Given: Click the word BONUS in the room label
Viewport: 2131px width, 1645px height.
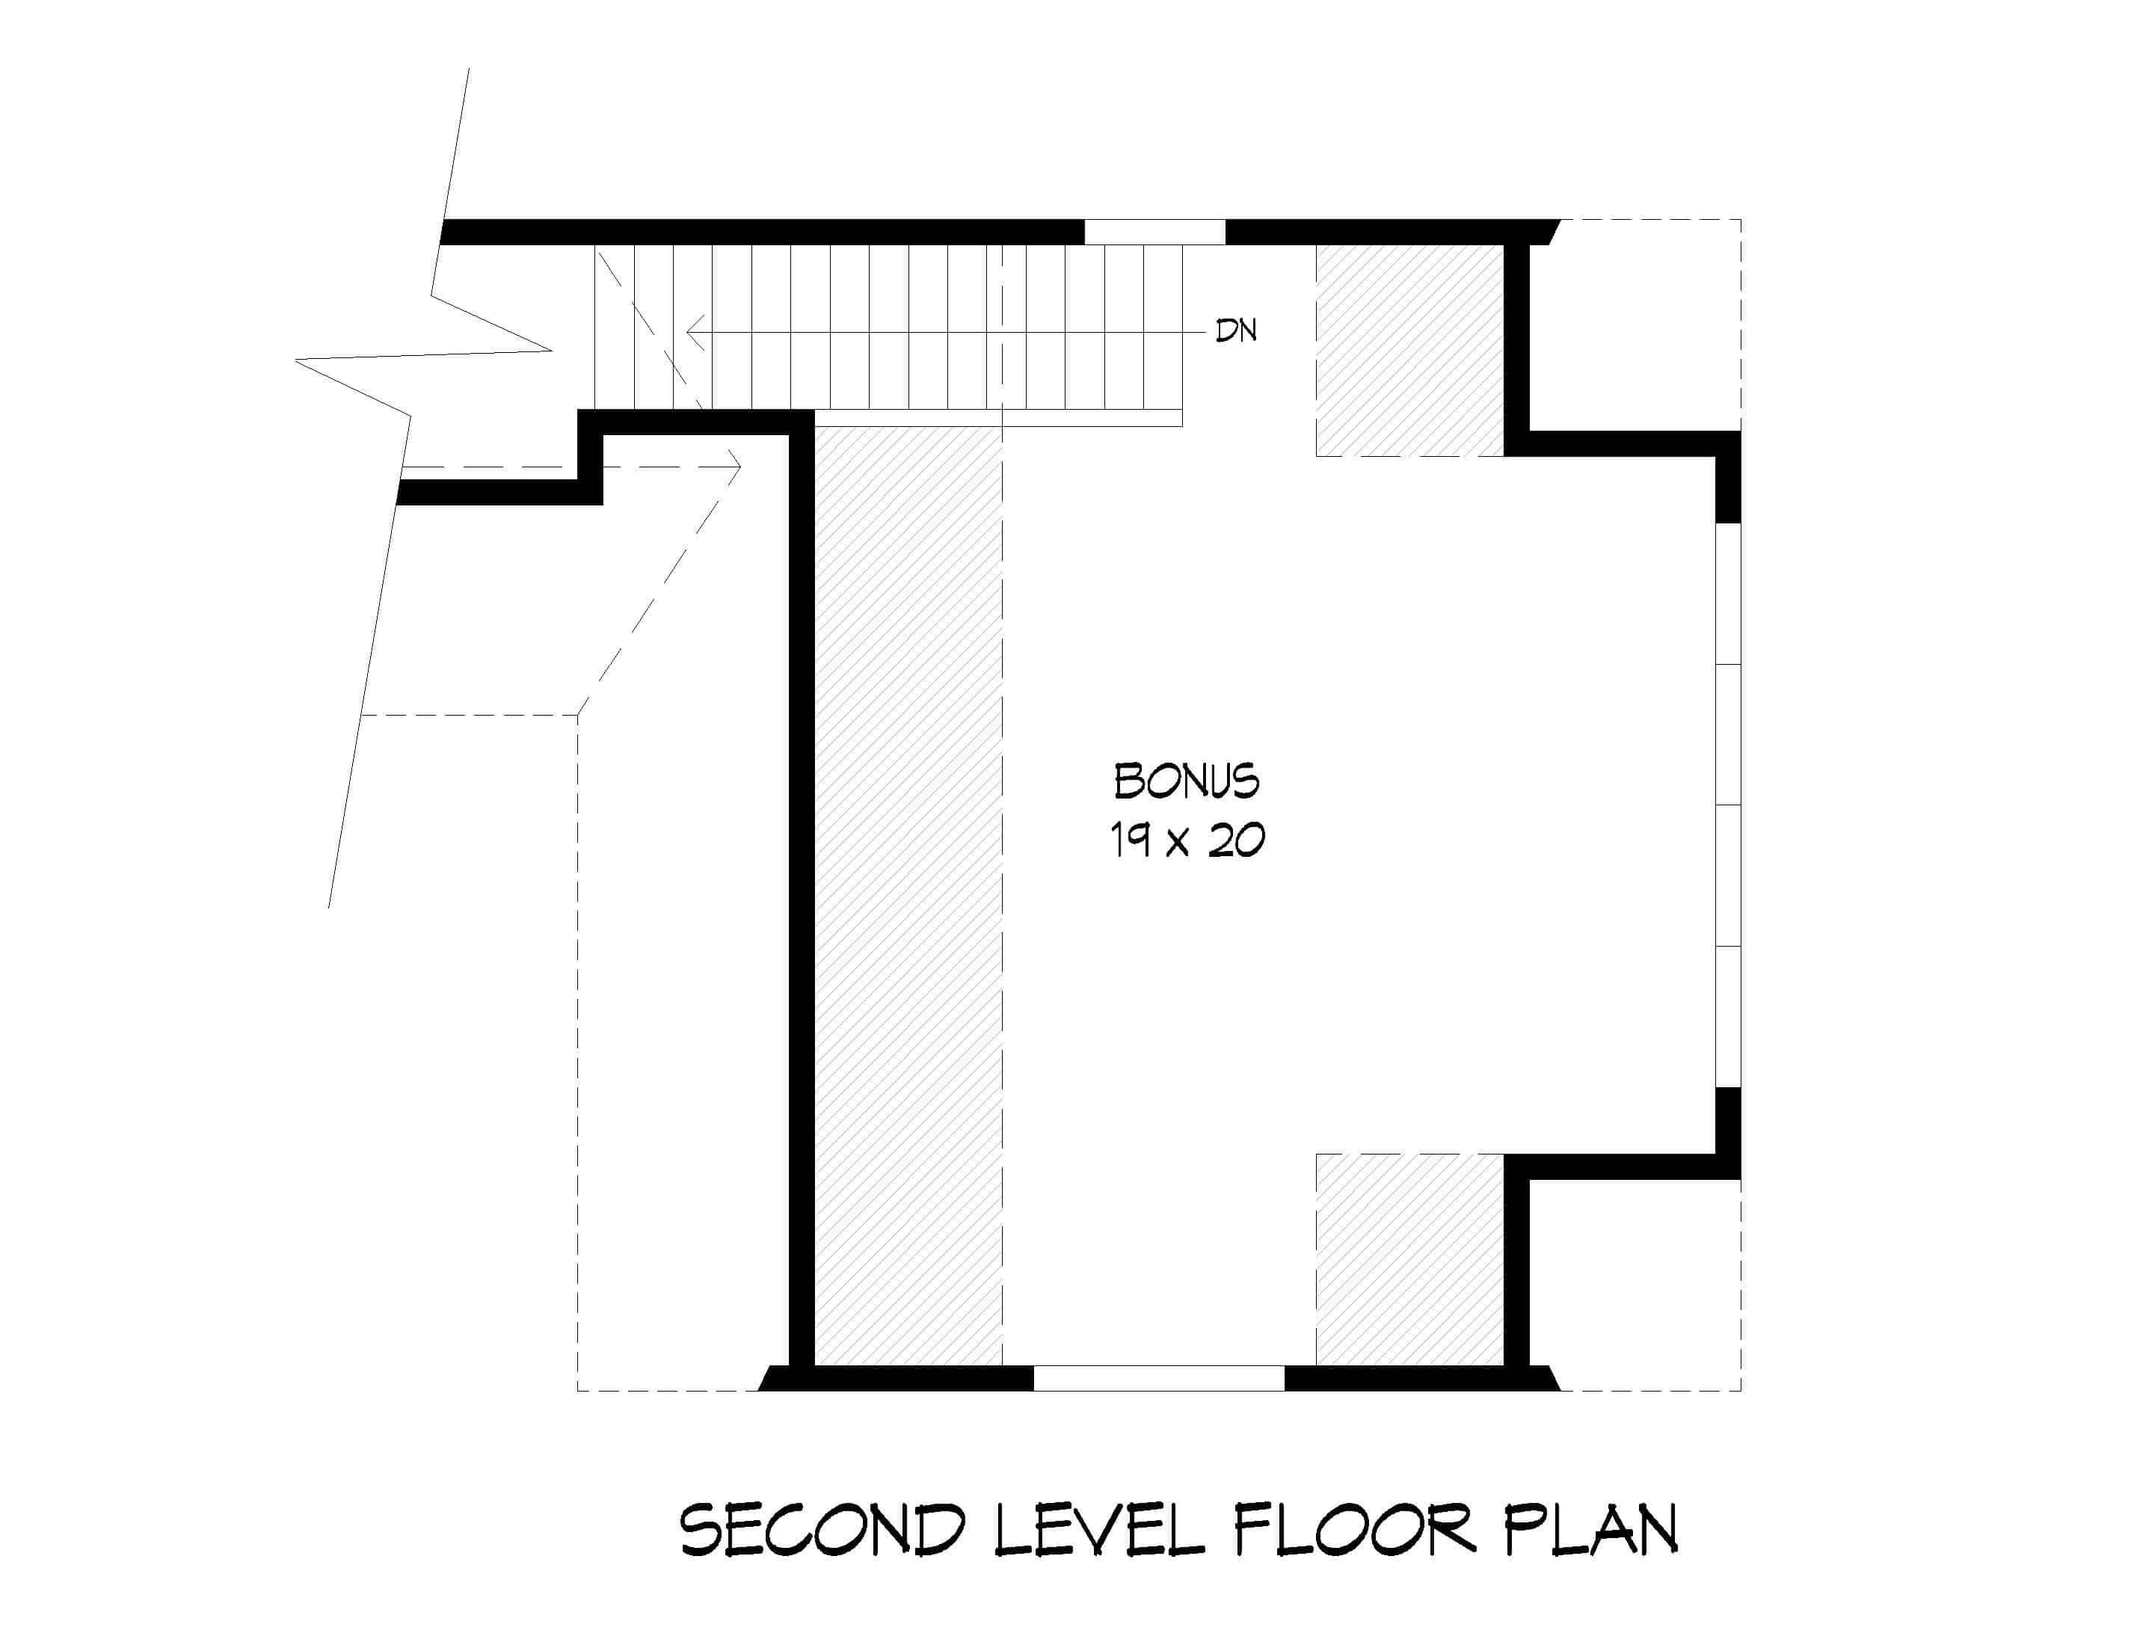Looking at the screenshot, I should (x=1186, y=781).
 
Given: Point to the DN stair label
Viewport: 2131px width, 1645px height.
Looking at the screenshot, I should (x=1235, y=330).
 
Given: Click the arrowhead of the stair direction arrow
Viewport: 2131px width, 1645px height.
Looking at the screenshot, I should (x=693, y=332).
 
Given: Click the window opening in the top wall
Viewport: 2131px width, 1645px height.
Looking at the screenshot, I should (x=1154, y=233).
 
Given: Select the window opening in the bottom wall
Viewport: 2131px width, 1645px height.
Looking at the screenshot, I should (x=1158, y=1377).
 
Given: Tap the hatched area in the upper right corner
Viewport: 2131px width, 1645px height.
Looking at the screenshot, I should (x=1409, y=349).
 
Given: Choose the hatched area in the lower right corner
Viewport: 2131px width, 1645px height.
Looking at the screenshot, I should (x=1409, y=1258).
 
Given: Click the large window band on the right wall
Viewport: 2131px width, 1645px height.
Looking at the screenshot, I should (x=1728, y=806).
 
